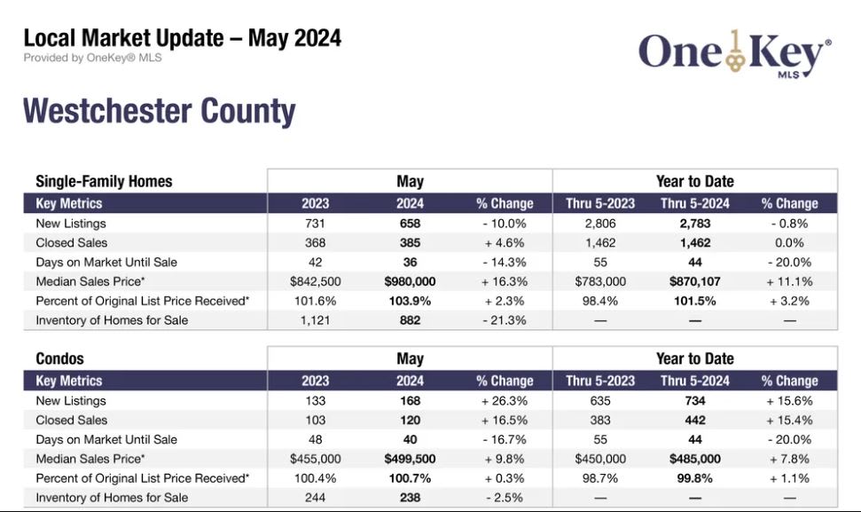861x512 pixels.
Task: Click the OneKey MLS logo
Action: click(734, 52)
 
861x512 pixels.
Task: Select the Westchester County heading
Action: click(159, 112)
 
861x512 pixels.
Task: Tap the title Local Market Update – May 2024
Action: click(182, 38)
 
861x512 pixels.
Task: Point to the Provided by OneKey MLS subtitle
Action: click(92, 58)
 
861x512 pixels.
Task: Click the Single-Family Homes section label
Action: click(104, 181)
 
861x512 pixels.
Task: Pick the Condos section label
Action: click(59, 358)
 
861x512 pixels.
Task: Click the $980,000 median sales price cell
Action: click(410, 281)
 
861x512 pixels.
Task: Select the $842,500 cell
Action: click(315, 281)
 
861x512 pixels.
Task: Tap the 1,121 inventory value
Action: click(315, 320)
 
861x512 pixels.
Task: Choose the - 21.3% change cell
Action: click(504, 320)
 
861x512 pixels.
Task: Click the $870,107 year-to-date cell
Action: click(694, 281)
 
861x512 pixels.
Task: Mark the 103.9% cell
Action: click(410, 301)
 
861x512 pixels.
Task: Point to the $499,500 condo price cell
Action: click(410, 459)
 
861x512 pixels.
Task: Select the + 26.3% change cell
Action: click(504, 400)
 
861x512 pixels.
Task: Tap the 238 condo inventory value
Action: click(410, 498)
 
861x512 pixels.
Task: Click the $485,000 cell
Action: click(694, 459)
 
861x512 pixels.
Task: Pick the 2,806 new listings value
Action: click(600, 224)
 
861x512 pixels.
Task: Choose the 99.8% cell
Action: click(694, 478)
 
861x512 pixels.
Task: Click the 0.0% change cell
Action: click(789, 242)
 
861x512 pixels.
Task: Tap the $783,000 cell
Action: click(600, 281)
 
